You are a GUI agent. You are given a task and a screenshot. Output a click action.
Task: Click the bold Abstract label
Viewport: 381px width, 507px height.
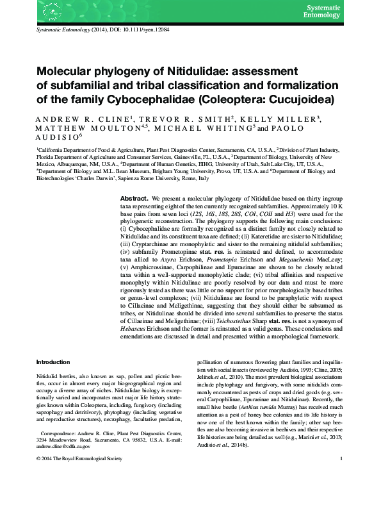(x=135, y=199)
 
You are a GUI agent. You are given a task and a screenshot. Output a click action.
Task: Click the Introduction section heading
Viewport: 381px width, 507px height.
(x=53, y=362)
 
